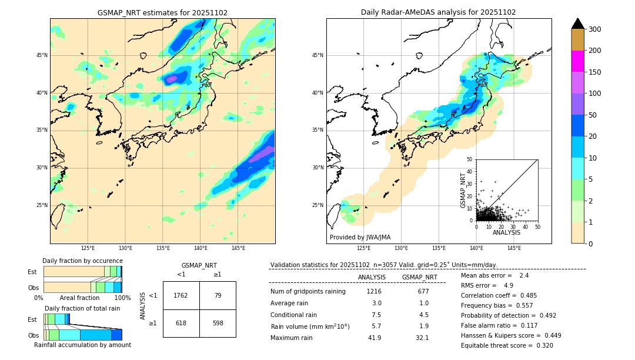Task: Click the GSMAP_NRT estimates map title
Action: coord(162,12)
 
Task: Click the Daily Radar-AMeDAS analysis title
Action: coord(439,12)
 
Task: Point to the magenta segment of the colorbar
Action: coord(578,61)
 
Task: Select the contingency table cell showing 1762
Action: coord(181,295)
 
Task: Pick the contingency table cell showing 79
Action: coord(218,295)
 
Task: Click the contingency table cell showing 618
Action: coord(181,323)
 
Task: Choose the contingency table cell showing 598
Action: coord(218,323)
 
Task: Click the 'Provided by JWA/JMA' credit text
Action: coord(360,238)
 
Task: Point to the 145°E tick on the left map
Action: coord(238,248)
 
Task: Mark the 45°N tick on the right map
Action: coord(317,55)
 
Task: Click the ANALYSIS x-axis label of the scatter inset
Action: coord(506,232)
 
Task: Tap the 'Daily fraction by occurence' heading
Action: coord(82,261)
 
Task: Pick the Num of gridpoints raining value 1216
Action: coord(374,291)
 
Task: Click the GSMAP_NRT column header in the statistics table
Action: coord(419,277)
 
